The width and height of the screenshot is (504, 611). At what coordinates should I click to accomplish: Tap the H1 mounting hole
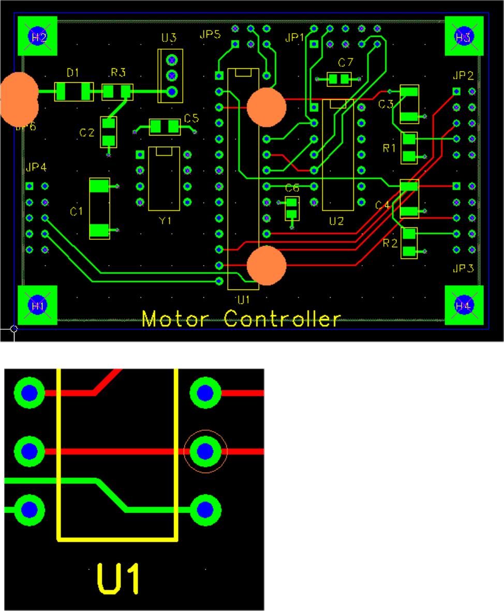37,305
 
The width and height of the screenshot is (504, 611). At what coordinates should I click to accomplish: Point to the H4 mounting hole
464,305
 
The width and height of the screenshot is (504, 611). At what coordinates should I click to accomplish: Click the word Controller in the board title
283,318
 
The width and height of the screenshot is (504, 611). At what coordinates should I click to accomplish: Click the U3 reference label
169,38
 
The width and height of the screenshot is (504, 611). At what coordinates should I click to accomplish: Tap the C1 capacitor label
77,211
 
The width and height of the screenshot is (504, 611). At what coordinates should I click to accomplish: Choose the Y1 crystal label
165,221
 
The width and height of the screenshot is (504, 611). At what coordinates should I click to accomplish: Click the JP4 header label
36,167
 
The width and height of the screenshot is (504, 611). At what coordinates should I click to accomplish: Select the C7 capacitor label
346,63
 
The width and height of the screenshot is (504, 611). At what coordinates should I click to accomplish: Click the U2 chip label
336,221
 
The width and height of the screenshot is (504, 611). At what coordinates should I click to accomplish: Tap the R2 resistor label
390,243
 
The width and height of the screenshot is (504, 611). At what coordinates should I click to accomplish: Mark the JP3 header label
463,269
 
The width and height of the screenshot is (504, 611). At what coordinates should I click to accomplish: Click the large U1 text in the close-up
118,579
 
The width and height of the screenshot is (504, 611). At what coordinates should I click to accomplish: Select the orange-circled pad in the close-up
205,451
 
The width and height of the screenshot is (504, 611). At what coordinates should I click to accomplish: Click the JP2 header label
463,75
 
